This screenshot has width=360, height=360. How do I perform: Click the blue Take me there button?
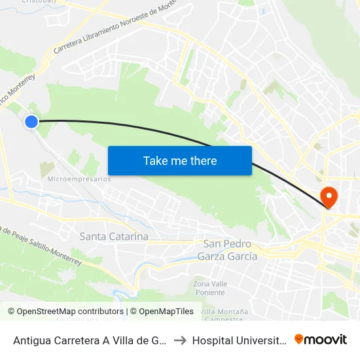tap(179, 160)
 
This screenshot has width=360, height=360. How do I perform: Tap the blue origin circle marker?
tap(31, 121)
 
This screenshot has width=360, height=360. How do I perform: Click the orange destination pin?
tap(326, 196)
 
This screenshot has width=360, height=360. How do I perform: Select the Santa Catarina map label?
tap(114, 236)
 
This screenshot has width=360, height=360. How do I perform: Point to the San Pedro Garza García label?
tap(227, 250)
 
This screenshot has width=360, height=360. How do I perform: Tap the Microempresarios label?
tap(79, 179)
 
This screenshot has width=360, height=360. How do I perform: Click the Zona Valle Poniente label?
tap(209, 289)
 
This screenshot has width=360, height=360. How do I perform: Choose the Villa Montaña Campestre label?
tap(221, 315)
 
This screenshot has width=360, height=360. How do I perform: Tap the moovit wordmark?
tap(327, 339)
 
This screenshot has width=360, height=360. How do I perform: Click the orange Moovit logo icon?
tap(299, 339)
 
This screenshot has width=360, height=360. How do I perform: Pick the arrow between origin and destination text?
tap(179, 340)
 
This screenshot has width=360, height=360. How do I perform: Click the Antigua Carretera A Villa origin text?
tap(90, 340)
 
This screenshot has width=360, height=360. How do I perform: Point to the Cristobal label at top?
tap(38, 2)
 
